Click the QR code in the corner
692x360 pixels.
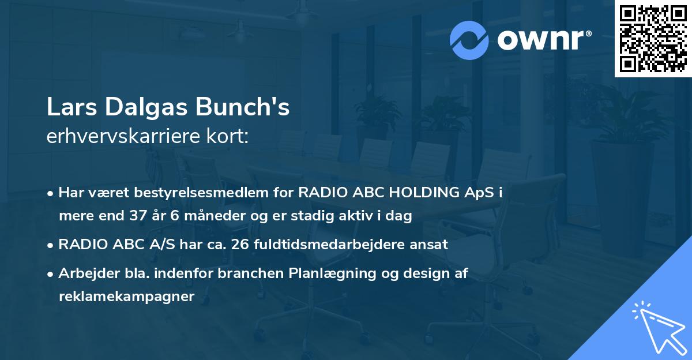pos(653,39)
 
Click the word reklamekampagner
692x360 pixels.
pos(127,297)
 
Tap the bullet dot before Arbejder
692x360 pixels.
pos(51,274)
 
